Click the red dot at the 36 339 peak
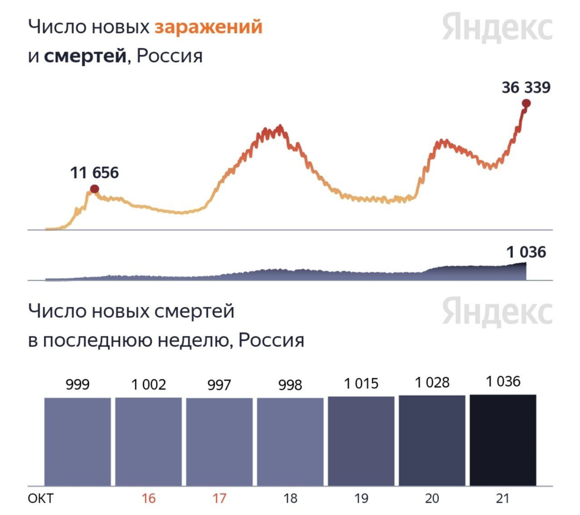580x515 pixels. tap(526, 104)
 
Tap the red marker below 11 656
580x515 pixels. tap(94, 189)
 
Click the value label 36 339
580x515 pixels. tap(526, 87)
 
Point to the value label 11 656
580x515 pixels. tap(94, 173)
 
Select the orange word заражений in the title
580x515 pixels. tap(208, 27)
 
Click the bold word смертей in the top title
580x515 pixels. tap(85, 56)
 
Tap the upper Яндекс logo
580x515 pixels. tap(497, 27)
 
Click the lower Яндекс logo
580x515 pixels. tap(497, 312)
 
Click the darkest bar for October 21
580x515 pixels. tap(503, 440)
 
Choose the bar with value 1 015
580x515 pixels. tap(361, 441)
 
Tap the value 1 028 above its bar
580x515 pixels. tap(432, 382)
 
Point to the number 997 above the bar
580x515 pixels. tap(219, 385)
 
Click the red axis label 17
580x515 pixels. tap(219, 499)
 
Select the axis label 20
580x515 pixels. tap(432, 499)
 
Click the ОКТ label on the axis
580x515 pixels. tap(40, 499)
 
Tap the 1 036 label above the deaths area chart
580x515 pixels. tap(526, 252)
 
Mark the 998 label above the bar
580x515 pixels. tap(290, 385)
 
